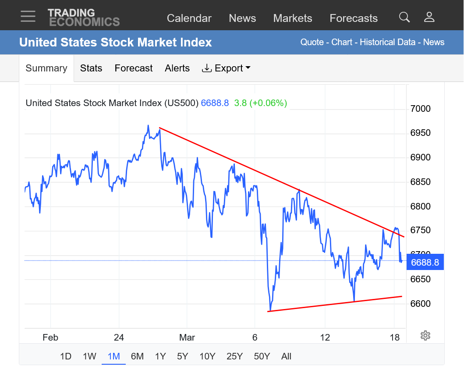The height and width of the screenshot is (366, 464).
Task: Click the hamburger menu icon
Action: tap(28, 16)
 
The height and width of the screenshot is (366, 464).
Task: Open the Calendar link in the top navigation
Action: tap(189, 18)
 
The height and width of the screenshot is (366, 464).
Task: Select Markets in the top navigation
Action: tap(292, 18)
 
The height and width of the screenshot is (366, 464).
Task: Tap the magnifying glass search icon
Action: tap(404, 17)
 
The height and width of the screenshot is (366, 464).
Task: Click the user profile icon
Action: tap(429, 17)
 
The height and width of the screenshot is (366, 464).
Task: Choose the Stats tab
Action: tap(91, 68)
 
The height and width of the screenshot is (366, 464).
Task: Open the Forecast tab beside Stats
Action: tap(134, 68)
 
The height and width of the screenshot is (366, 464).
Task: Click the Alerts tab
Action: tap(177, 68)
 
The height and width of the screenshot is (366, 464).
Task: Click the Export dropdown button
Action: tap(226, 68)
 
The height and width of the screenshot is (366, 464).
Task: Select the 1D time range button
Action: tap(66, 356)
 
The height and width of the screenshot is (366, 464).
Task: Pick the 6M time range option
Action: tap(137, 356)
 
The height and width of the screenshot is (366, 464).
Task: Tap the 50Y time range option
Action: tap(262, 356)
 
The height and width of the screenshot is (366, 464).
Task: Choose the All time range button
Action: tap(286, 356)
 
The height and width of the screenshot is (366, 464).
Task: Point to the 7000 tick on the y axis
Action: tap(420, 109)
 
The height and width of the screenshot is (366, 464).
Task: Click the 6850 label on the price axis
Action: tap(420, 182)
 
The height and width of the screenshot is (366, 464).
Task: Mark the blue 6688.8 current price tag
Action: tap(425, 263)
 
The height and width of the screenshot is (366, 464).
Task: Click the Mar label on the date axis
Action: tap(187, 338)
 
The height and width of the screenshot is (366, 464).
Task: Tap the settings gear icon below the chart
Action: tap(425, 336)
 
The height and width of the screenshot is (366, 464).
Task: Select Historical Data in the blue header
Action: tap(387, 42)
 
